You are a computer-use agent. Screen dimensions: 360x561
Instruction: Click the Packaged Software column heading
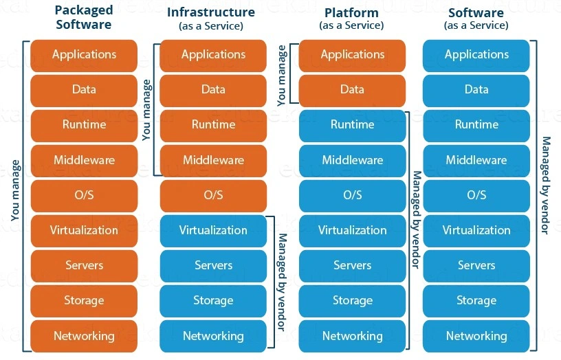(84, 18)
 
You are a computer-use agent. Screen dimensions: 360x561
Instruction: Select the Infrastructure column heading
(211, 12)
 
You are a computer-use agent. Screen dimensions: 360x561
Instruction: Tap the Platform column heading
(351, 12)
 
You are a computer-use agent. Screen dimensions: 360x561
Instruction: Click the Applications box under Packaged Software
(84, 55)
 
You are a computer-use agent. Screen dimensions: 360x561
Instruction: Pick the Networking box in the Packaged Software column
(84, 336)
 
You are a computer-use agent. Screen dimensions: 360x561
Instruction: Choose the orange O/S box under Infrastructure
(213, 195)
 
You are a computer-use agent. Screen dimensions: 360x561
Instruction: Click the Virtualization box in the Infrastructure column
(213, 230)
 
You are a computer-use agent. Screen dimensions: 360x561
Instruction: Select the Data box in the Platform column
(352, 89)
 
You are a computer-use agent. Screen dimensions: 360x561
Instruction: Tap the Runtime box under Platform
(352, 125)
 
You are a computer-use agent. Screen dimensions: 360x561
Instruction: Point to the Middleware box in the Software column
(476, 160)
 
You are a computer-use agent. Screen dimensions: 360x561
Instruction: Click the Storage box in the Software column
(476, 300)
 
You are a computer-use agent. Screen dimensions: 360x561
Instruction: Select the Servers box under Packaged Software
(84, 265)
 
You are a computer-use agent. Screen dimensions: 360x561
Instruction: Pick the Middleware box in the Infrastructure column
(213, 160)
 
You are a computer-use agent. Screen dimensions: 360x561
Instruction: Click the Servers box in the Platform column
(352, 265)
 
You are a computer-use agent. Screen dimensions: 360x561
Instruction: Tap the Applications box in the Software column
(476, 55)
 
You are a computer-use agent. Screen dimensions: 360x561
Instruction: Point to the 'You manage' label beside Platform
(281, 75)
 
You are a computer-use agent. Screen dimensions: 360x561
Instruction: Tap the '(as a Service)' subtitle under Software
(476, 26)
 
